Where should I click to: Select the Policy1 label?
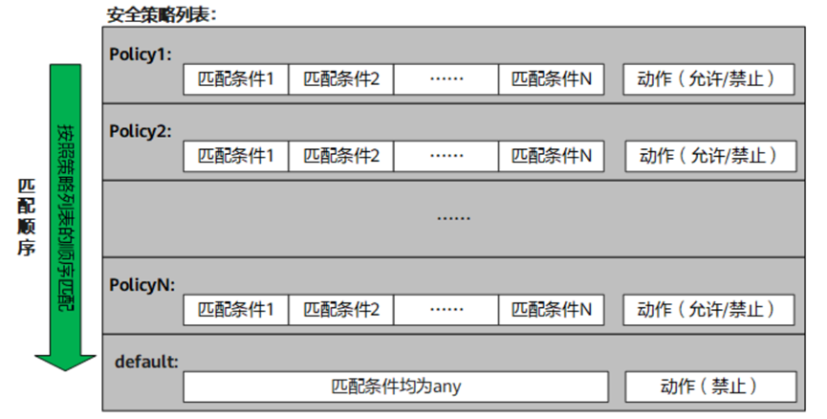click(x=141, y=54)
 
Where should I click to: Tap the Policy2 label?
click(x=141, y=130)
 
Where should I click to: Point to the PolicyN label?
click(x=141, y=284)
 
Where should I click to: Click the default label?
click(x=146, y=362)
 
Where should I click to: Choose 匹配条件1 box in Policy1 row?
click(x=236, y=79)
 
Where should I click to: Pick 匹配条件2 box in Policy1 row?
click(x=341, y=79)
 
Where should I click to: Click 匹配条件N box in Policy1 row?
click(x=552, y=79)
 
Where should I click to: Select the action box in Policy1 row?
click(x=707, y=79)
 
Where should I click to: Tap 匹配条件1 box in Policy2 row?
click(x=236, y=155)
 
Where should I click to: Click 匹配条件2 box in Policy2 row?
click(x=341, y=155)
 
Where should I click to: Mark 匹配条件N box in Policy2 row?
click(x=552, y=155)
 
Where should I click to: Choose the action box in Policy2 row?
click(x=707, y=155)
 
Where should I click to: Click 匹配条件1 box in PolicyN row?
click(x=236, y=309)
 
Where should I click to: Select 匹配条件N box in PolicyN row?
click(x=552, y=309)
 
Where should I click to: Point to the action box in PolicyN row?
click(x=707, y=309)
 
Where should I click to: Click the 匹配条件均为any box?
click(x=396, y=386)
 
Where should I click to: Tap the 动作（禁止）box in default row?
click(x=709, y=386)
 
